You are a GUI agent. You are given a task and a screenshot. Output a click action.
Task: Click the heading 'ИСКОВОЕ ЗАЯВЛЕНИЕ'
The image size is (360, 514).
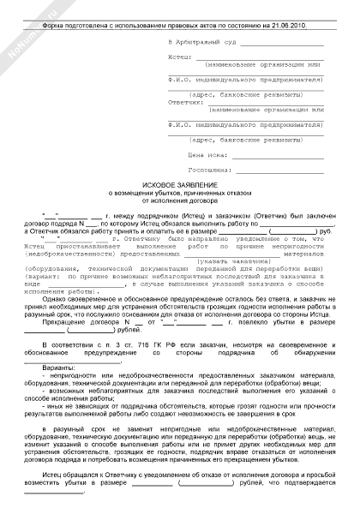pyautogui.click(x=179, y=185)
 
